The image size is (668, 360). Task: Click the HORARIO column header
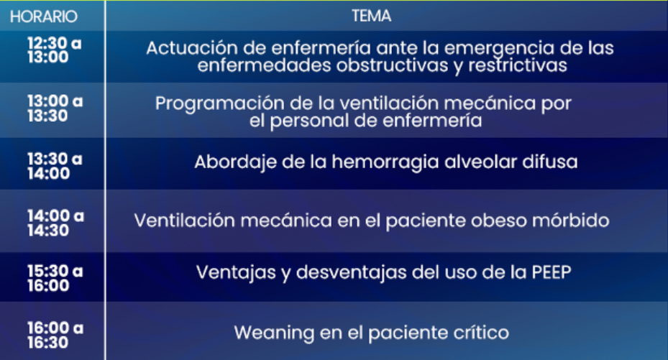coord(44,17)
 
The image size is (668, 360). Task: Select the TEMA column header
coord(372,16)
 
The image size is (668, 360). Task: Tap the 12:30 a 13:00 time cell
coord(54,50)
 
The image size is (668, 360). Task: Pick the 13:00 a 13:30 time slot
coord(55,108)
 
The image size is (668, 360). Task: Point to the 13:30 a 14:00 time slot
coord(55,166)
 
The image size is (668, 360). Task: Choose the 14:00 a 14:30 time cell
coord(55,223)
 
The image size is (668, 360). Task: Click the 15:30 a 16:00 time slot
coord(55,278)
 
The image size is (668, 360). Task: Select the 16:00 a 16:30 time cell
coord(55,335)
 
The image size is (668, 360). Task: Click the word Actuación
coord(191,48)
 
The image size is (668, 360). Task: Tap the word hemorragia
coord(385,162)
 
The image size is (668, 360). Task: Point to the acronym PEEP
coord(552,272)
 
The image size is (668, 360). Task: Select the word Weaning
coord(274,333)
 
